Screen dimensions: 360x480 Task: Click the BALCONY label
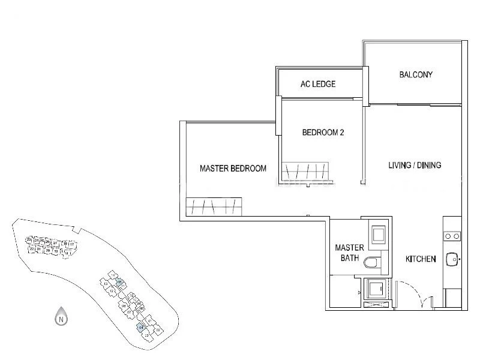[416, 75]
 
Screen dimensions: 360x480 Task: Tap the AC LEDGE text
[318, 84]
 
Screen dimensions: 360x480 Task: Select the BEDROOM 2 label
[323, 133]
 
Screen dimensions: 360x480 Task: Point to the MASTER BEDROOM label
[233, 169]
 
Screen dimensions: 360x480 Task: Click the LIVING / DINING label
[415, 165]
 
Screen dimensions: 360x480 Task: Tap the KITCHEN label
[421, 259]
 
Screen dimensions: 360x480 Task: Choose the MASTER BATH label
[346, 253]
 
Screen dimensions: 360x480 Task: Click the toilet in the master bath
[374, 262]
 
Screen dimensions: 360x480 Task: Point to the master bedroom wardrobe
[214, 206]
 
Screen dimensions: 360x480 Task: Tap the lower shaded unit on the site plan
[140, 327]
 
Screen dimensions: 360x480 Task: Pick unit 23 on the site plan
[29, 239]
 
